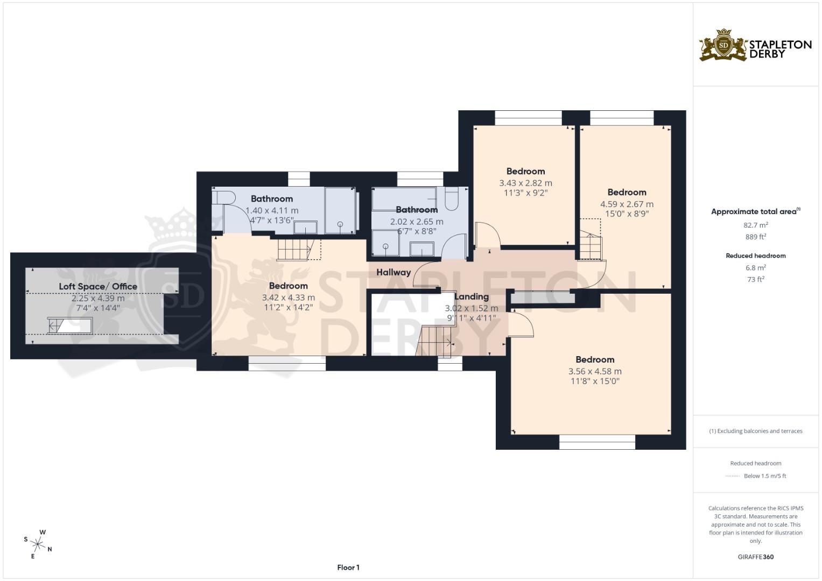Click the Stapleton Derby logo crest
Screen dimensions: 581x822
(723, 45)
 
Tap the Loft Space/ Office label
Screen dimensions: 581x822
(98, 286)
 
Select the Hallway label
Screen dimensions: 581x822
(393, 272)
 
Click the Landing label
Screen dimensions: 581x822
(472, 296)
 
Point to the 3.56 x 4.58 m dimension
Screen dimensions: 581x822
(595, 371)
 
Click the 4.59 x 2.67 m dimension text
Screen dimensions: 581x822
(627, 204)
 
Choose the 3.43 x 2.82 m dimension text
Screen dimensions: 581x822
(525, 183)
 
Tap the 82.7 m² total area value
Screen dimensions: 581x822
(755, 225)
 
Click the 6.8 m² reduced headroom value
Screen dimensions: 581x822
(755, 267)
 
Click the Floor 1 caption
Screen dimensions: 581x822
(348, 568)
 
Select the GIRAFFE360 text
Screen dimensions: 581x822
(755, 557)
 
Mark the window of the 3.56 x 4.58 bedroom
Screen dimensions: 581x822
(597, 443)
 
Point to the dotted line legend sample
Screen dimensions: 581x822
(733, 476)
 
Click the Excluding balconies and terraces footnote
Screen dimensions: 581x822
(755, 431)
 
